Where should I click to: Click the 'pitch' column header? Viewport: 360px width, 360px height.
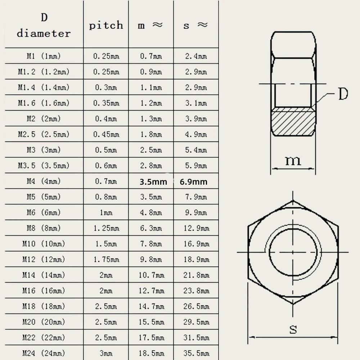click(106, 25)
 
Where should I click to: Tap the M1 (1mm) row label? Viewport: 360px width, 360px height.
click(44, 56)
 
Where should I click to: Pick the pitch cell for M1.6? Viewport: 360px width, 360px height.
click(106, 103)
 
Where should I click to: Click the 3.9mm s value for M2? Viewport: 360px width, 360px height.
click(196, 119)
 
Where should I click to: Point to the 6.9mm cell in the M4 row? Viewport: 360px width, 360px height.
click(194, 182)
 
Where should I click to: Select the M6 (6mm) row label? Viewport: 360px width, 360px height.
click(44, 213)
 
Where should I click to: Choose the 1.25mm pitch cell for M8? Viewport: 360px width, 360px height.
click(106, 228)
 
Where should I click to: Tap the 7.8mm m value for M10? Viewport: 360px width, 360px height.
click(151, 244)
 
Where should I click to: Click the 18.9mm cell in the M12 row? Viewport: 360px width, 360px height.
click(196, 260)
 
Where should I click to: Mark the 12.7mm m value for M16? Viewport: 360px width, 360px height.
click(151, 291)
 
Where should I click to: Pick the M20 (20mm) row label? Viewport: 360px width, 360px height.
click(44, 322)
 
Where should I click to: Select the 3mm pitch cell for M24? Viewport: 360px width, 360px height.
click(106, 354)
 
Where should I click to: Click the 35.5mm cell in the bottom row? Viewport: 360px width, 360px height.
click(196, 354)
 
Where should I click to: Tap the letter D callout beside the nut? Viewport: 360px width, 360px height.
click(343, 94)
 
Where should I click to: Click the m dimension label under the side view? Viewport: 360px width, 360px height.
click(293, 160)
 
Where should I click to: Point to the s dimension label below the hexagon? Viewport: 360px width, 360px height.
click(293, 329)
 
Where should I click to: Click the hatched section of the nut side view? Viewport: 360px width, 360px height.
click(293, 122)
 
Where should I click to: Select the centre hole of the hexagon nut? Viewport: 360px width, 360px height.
click(293, 252)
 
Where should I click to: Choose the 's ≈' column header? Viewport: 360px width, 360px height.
click(196, 25)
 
